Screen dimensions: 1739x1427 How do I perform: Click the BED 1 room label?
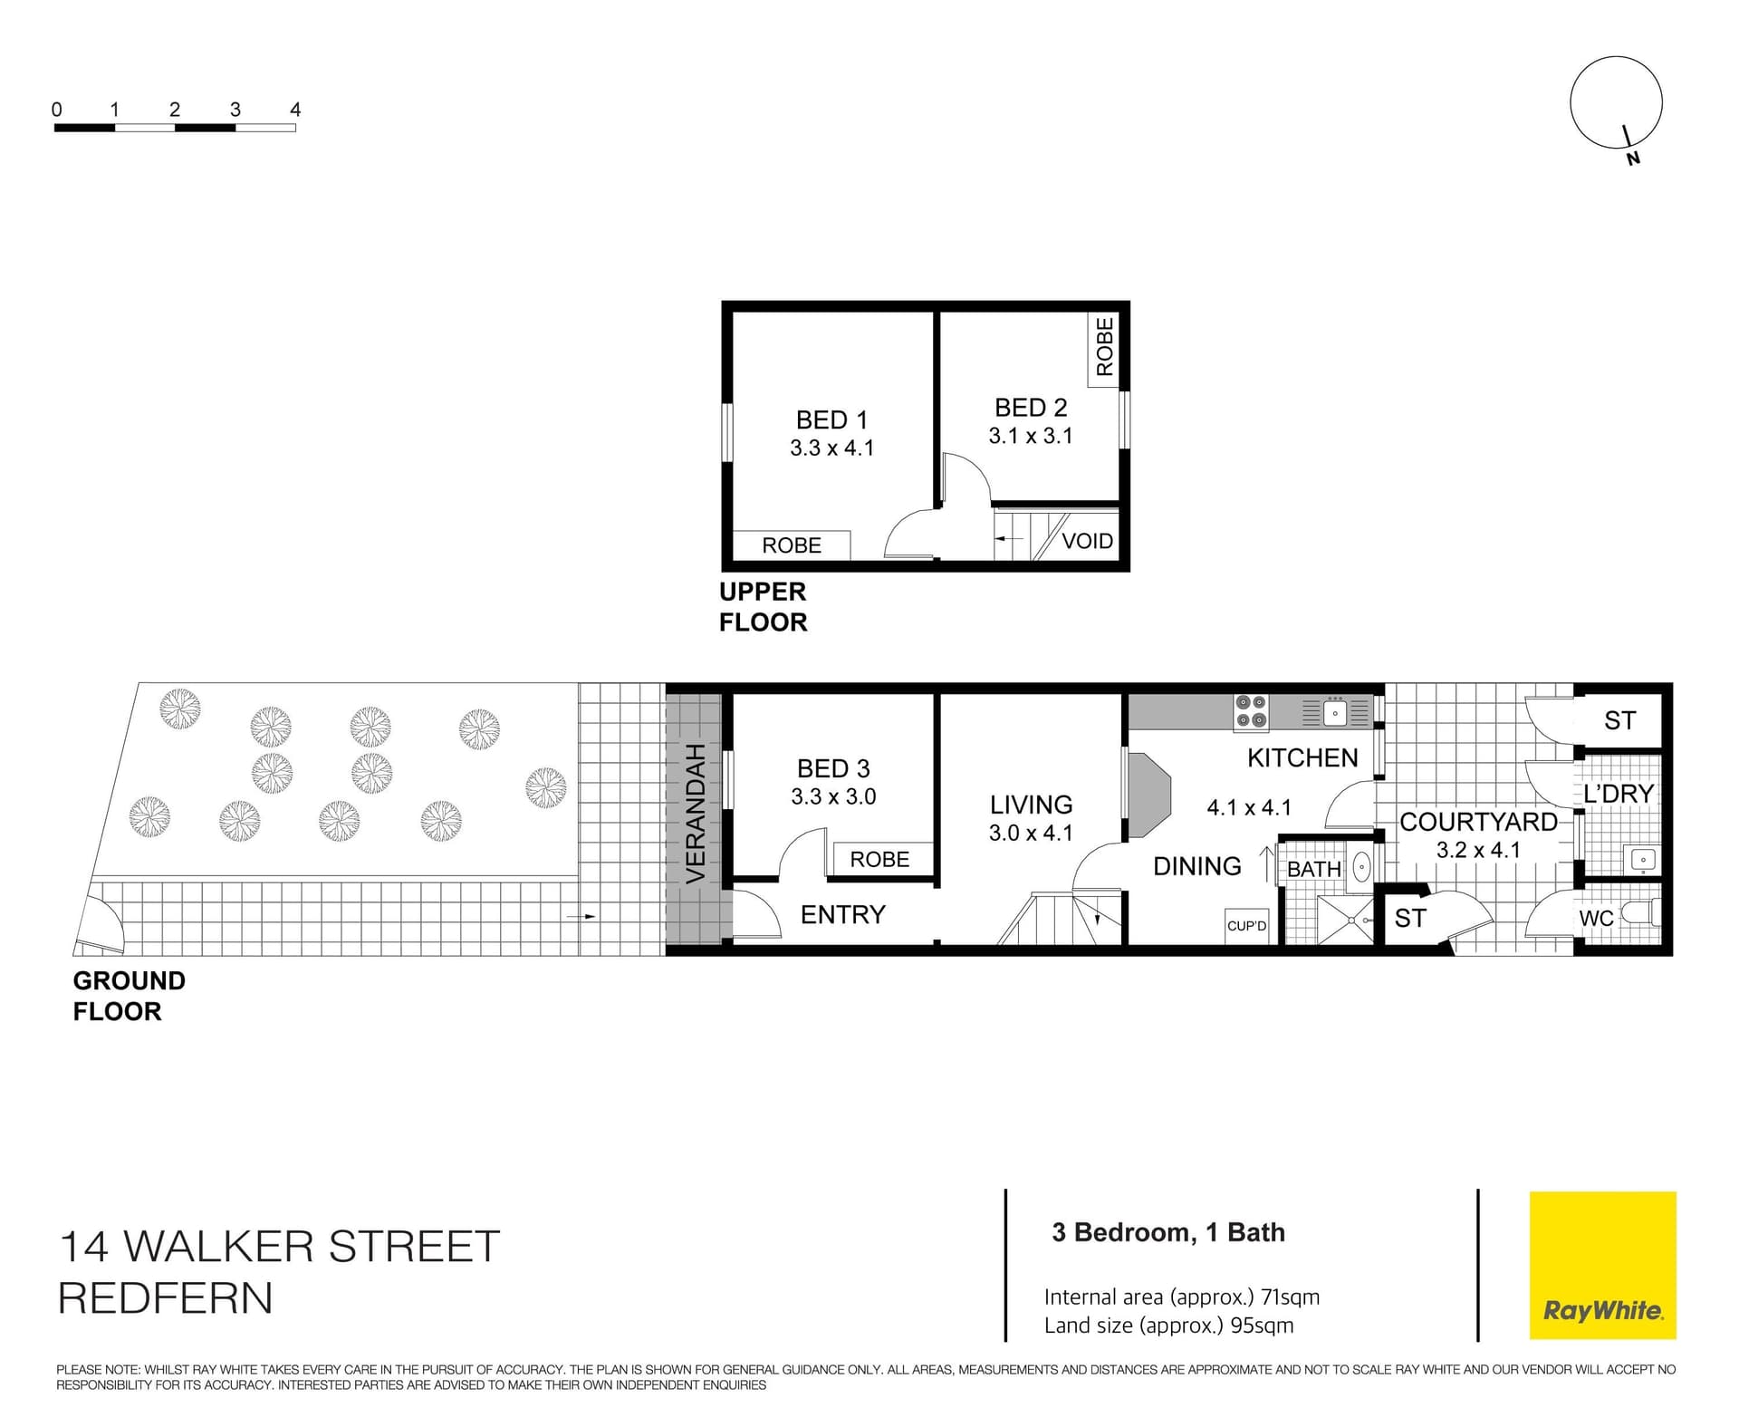click(831, 419)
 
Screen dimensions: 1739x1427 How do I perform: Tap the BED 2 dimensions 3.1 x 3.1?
click(1031, 436)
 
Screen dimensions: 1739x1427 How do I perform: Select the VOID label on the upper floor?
click(1087, 541)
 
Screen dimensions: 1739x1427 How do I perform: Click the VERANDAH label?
click(695, 814)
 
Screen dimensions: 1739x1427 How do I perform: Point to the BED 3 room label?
click(833, 768)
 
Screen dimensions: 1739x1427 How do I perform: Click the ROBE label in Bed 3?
click(879, 859)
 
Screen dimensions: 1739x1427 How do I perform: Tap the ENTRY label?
click(842, 914)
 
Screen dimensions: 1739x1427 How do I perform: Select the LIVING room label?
click(1031, 805)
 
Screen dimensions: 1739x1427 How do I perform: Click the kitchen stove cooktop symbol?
click(1251, 711)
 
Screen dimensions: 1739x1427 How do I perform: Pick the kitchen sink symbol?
click(1335, 713)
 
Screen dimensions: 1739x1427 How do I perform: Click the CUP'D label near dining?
click(1246, 926)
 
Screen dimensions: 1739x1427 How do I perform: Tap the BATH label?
click(1314, 869)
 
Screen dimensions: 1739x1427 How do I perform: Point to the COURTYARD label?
click(1478, 822)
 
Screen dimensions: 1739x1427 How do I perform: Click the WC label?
click(1596, 918)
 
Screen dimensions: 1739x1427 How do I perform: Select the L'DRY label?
click(1619, 794)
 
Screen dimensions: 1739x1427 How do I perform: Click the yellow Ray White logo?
click(1602, 1265)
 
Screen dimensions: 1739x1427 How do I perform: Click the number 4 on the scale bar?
click(295, 110)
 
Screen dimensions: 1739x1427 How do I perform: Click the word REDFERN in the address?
click(165, 1298)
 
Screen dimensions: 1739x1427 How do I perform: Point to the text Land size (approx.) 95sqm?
click(1168, 1326)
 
